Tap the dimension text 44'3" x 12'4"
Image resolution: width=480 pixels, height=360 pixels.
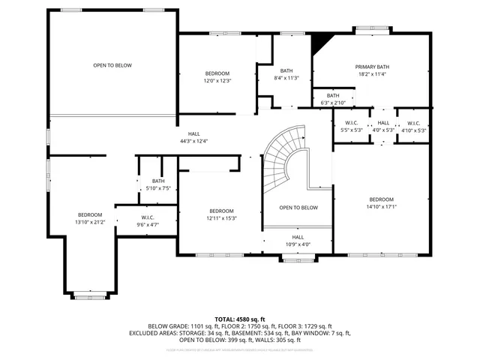[193, 141]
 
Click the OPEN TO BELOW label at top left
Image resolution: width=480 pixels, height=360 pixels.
[112, 65]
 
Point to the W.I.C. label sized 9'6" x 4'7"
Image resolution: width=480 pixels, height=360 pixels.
[147, 217]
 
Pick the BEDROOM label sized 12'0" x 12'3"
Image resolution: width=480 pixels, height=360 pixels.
[217, 73]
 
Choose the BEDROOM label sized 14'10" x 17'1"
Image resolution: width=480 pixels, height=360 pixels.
[381, 199]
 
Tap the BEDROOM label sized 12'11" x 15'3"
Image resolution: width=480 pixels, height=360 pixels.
[222, 211]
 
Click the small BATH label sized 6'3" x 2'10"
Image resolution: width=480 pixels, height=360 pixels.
[332, 95]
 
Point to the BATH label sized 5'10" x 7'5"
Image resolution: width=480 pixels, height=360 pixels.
[158, 181]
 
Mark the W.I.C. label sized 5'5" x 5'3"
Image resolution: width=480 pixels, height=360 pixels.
[351, 123]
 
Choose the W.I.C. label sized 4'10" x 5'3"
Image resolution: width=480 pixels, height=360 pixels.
[414, 123]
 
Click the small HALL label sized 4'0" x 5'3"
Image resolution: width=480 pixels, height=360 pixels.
[383, 123]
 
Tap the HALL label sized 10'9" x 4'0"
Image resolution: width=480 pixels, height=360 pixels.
[298, 237]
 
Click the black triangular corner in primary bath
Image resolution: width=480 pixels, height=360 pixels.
[320, 40]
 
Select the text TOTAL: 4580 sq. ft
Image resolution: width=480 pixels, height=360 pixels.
[239, 319]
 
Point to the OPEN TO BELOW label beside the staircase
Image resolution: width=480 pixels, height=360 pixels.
[298, 208]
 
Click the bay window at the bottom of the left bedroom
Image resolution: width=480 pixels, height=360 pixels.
[91, 297]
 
